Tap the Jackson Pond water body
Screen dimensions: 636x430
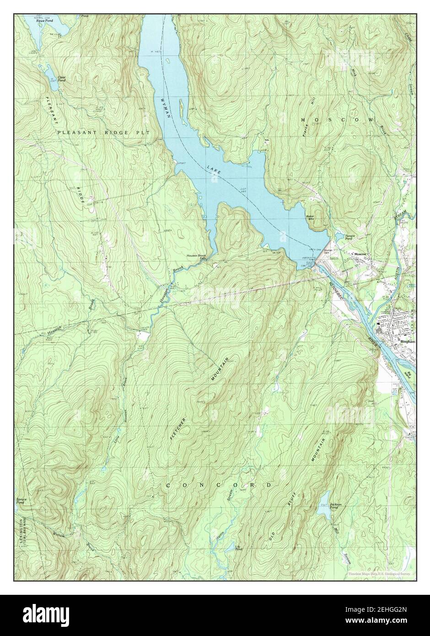point(324,499)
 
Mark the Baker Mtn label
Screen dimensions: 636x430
point(312,217)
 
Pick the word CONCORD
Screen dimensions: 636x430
point(218,485)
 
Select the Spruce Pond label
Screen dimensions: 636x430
point(21,501)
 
